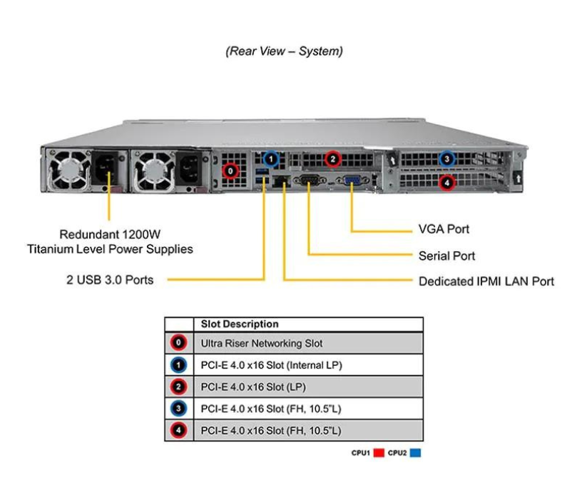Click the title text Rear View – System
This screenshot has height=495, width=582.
284,51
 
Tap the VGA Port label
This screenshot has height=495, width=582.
443,229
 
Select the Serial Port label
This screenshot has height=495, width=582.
446,255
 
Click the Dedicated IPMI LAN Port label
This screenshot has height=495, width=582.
486,281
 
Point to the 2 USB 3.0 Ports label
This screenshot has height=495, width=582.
110,280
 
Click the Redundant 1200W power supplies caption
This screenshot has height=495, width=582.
110,242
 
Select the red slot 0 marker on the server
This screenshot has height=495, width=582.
230,170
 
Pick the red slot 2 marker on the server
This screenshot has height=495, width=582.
333,158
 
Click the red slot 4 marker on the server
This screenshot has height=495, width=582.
446,183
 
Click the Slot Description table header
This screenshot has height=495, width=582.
240,324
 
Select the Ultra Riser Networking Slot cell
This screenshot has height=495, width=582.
262,343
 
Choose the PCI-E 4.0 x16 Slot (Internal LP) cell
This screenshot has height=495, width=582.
271,365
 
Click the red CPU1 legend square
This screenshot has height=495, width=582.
379,453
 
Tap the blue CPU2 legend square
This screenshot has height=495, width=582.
415,453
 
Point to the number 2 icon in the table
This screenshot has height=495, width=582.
179,387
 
